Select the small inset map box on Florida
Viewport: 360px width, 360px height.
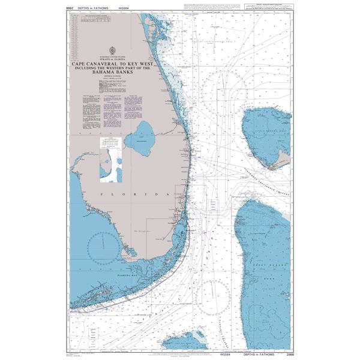pyautogui.click(x=110, y=158)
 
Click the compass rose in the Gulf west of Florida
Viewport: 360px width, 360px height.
pyautogui.click(x=103, y=246)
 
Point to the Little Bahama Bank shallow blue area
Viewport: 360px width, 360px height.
pyautogui.click(x=264, y=132)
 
